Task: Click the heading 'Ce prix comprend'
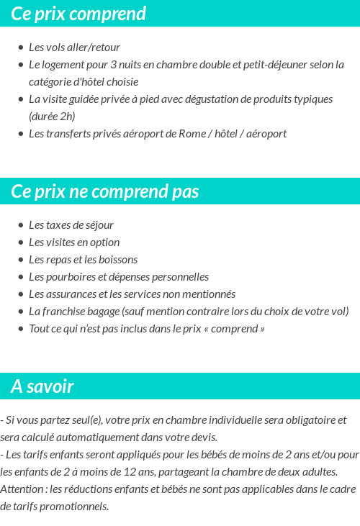pyautogui.click(x=78, y=14)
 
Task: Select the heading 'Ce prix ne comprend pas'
pyautogui.click(x=105, y=192)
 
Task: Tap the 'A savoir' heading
pyautogui.click(x=42, y=386)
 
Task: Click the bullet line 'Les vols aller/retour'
pyautogui.click(x=74, y=47)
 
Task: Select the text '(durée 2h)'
pyautogui.click(x=52, y=117)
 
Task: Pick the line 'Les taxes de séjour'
pyautogui.click(x=71, y=225)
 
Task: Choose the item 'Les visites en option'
pyautogui.click(x=74, y=242)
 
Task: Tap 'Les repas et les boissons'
pyautogui.click(x=83, y=260)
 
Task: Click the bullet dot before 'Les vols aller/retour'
pyautogui.click(x=21, y=47)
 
